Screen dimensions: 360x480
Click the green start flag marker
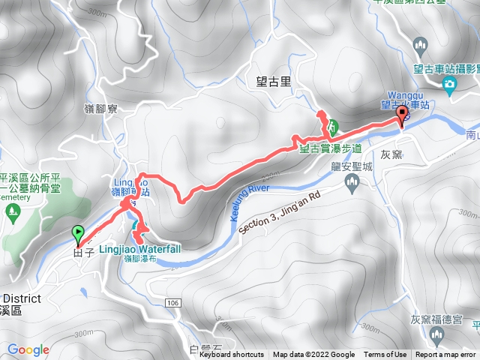(x=78, y=234)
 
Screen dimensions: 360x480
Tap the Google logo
(x=28, y=349)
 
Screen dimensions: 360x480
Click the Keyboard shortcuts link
(x=231, y=355)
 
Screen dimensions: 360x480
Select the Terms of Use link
(x=385, y=355)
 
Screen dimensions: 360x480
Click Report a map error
(x=446, y=355)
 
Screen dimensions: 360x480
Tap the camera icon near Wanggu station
(x=449, y=85)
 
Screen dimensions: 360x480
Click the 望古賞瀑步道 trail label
(x=331, y=148)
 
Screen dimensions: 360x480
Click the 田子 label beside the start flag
(x=82, y=253)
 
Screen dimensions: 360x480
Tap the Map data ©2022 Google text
(x=313, y=355)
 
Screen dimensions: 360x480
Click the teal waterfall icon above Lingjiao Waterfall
(x=136, y=226)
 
